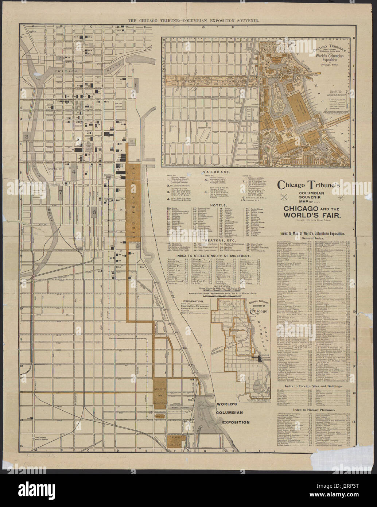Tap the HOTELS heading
point(217,205)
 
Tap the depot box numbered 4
point(74,171)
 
